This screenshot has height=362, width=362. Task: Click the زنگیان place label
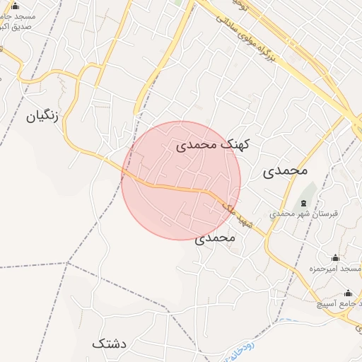pos(42,116)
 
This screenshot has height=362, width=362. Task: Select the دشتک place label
pos(109,344)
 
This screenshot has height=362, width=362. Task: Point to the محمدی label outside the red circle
pos(286,171)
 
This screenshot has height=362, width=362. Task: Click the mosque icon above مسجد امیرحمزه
pos(335,258)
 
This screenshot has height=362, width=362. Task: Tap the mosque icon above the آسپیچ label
pos(347,293)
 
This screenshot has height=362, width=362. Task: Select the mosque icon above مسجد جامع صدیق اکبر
pos(16,5)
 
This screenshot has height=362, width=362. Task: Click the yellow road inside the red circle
pos(177,187)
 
